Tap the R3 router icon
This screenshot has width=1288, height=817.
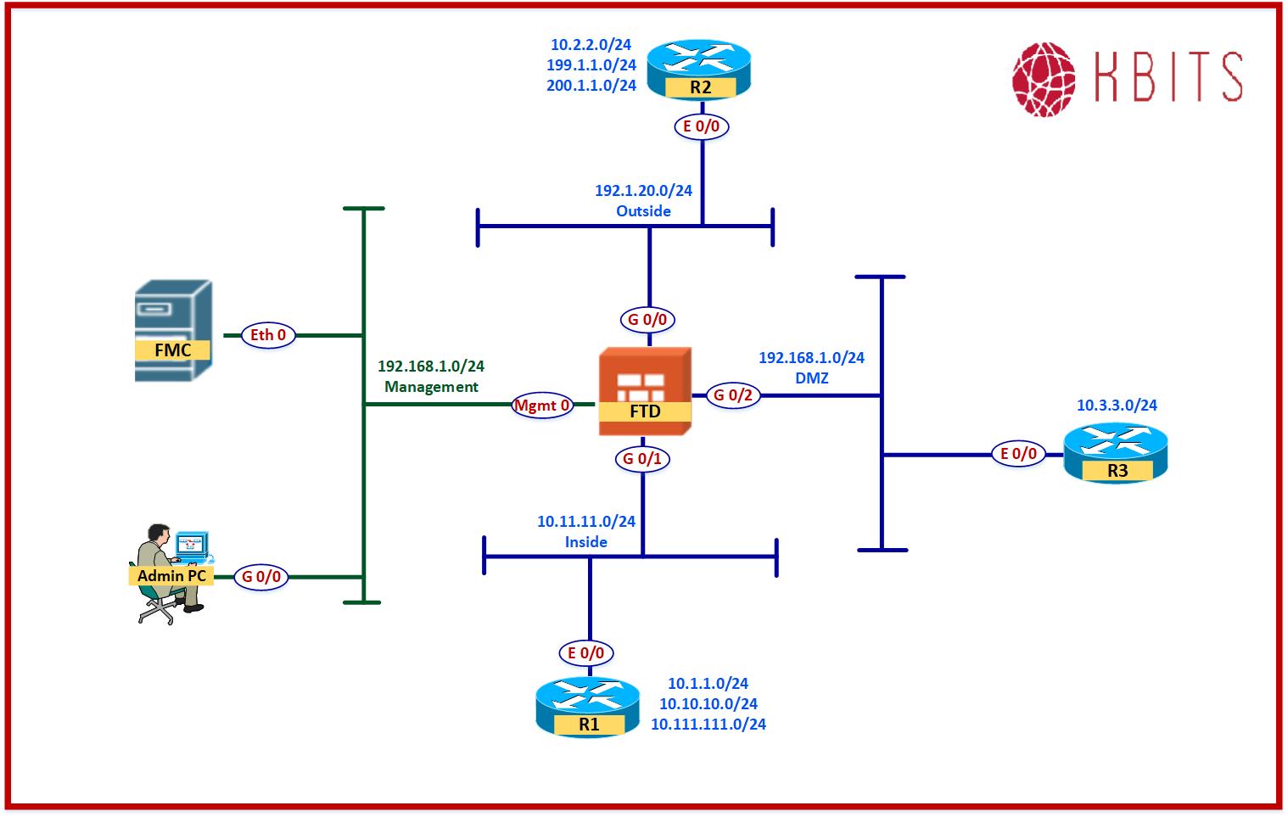tap(1116, 453)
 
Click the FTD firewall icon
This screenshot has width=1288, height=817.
tap(645, 390)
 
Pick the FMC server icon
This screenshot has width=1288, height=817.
tap(173, 330)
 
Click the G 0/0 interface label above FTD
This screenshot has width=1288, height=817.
tap(647, 320)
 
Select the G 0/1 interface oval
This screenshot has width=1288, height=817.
tap(642, 459)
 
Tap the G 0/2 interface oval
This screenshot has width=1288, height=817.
tap(733, 395)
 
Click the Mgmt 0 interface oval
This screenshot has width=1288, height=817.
tap(541, 406)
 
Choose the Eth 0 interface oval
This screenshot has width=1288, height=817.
tap(268, 335)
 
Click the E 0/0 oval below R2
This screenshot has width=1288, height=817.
tap(702, 126)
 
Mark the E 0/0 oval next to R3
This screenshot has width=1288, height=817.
tap(1018, 454)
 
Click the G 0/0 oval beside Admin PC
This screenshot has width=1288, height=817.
tap(261, 577)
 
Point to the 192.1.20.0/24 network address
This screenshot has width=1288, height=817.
tap(643, 191)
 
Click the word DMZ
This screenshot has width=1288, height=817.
tap(811, 378)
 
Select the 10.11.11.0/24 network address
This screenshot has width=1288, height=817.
tap(585, 522)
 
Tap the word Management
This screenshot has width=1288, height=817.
tap(431, 387)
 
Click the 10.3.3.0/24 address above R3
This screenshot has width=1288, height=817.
tap(1117, 406)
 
